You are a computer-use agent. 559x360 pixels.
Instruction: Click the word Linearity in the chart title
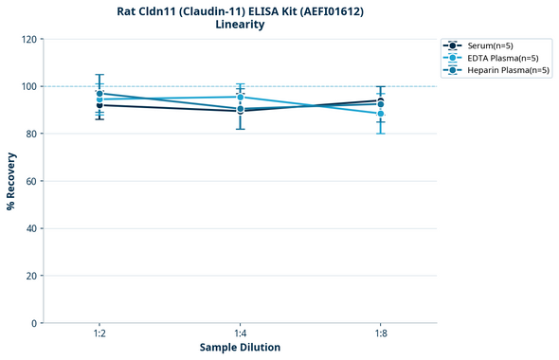click(240, 25)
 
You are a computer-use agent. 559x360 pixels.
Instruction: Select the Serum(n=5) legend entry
click(490, 45)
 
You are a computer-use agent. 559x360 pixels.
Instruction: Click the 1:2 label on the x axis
click(99, 334)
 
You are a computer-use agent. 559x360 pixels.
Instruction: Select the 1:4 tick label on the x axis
click(240, 334)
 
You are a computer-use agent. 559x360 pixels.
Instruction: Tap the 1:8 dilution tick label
click(380, 334)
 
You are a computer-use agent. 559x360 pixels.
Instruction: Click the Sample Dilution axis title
click(240, 348)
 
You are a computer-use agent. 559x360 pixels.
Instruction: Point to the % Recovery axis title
click(11, 180)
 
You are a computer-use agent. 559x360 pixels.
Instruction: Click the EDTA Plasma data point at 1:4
click(240, 97)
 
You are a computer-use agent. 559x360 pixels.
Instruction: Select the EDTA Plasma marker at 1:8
click(380, 114)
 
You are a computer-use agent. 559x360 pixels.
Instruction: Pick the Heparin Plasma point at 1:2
click(99, 94)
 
